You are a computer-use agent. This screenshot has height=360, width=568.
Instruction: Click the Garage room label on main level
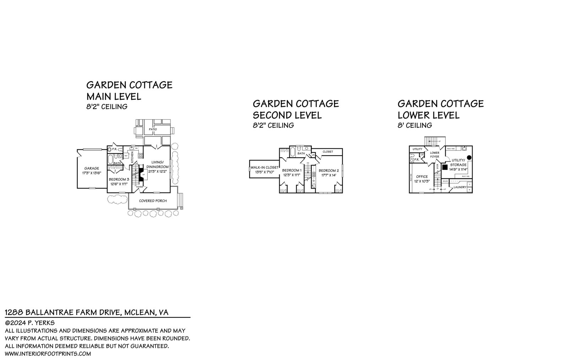coord(92,168)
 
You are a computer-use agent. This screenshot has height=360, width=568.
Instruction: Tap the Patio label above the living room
coord(153,129)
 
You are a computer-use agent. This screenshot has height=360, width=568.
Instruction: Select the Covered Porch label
coord(153,201)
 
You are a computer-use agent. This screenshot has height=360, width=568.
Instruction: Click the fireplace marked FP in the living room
coord(143,175)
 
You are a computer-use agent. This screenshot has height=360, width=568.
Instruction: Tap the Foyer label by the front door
coord(140,187)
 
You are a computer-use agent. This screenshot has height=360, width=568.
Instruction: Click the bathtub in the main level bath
coord(110,158)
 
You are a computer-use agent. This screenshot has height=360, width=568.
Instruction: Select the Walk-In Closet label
coord(264,167)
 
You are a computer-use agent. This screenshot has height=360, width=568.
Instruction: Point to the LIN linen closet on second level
coord(313,155)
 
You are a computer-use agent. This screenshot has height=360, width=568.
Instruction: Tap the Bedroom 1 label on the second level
coord(291,170)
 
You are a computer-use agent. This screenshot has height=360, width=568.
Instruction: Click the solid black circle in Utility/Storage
coord(469,157)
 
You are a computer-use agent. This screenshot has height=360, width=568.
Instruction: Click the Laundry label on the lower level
coord(460,187)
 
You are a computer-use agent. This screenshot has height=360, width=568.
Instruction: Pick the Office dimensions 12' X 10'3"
coord(422,181)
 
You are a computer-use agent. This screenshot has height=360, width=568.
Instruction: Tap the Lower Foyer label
coord(435,154)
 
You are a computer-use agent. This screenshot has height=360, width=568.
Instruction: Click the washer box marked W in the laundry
coord(470,190)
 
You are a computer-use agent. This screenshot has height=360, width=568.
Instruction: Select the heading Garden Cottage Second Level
coord(296,109)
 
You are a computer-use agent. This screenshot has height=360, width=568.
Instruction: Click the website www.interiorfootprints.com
coord(48,354)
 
